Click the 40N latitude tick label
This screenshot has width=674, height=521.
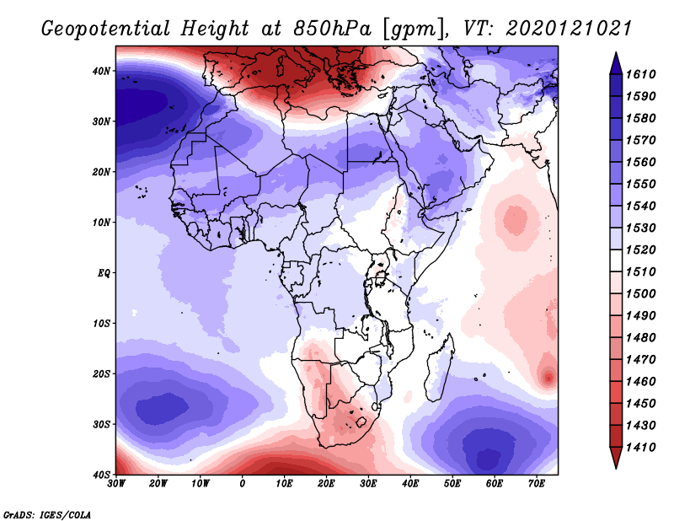click(100, 71)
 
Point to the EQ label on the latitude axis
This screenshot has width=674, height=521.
click(103, 273)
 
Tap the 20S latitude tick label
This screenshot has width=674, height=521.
click(100, 373)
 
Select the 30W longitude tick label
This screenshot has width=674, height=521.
click(116, 483)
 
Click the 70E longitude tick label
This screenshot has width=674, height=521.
click(537, 483)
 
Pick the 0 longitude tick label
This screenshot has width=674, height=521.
click(243, 483)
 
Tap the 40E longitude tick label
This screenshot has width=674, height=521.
click(410, 483)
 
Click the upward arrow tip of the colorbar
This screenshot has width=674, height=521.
click(616, 54)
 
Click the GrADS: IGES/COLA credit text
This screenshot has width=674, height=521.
click(47, 513)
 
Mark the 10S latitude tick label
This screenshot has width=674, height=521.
click(100, 324)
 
